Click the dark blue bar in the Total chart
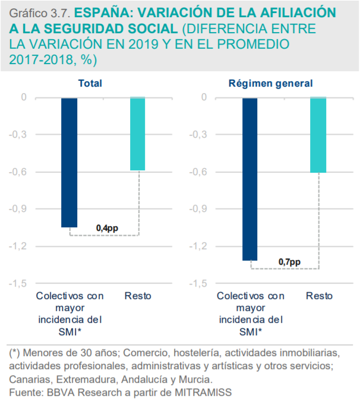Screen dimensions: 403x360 tap(69, 161)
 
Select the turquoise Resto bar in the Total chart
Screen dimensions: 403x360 tap(137, 134)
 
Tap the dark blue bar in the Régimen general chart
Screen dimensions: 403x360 tap(250, 178)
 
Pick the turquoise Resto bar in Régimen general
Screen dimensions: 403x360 tap(318, 135)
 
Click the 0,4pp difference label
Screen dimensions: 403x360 tap(107, 228)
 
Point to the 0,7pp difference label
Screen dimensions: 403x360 tap(289, 262)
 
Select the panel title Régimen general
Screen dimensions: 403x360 tap(270, 84)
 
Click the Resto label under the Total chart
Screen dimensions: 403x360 tap(138, 296)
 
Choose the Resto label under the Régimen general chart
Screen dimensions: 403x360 tap(319, 296)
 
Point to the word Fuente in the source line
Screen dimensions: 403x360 tap(26, 392)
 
